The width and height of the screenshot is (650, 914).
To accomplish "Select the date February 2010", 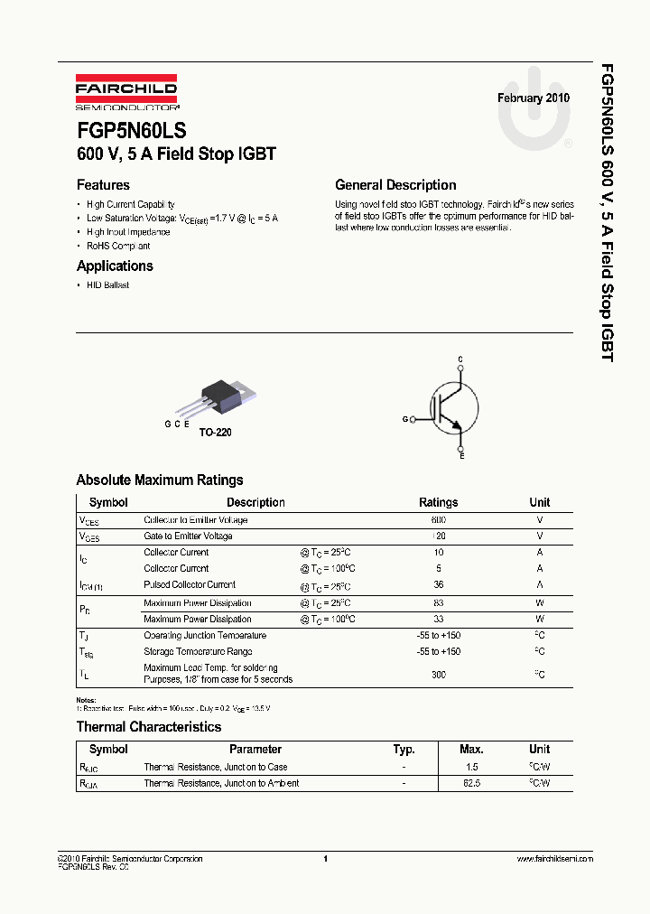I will point(534,98).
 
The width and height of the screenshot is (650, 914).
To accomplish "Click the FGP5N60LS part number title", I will point(132,131).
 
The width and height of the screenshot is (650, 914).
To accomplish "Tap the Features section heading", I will point(103,185).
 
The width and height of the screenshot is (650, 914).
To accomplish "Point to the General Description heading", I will point(395,185).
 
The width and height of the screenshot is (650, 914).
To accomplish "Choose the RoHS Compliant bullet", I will point(118,246).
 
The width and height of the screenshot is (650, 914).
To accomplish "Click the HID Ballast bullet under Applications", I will point(107,285).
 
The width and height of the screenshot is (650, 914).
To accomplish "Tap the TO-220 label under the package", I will point(216,433).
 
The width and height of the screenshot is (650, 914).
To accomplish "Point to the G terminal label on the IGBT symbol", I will point(405,419).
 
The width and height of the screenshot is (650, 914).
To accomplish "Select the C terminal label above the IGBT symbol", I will point(460,359).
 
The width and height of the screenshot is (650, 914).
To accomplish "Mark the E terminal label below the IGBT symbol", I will point(462,457).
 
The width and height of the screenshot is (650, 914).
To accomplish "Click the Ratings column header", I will point(439,502).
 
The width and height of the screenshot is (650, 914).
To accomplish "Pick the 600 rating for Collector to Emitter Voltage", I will point(439,520).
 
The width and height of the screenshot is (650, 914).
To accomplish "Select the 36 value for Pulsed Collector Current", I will point(439,585).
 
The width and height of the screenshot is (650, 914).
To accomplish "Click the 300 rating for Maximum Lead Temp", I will point(439,674).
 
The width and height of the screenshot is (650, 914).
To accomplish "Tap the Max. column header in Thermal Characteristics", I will point(471,750).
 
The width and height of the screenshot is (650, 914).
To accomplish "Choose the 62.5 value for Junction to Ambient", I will point(471,784).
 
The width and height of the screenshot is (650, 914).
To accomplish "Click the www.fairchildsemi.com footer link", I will point(554,859).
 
